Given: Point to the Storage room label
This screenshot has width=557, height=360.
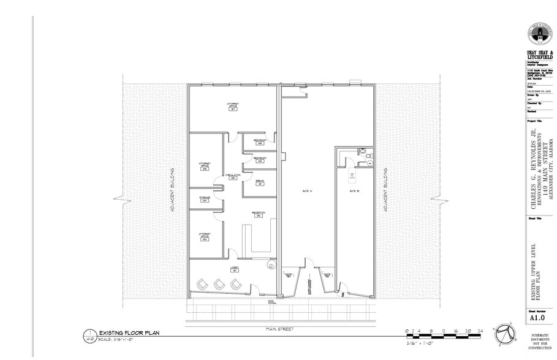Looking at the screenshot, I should [x=204, y=198].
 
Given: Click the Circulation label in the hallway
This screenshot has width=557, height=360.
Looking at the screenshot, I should [x=232, y=176].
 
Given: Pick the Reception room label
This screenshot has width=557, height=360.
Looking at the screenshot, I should [x=258, y=214].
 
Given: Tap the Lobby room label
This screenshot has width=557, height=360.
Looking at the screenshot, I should [x=234, y=269].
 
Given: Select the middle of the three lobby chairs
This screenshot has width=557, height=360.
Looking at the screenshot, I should [x=219, y=283].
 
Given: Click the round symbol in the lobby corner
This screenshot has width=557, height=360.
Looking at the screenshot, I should [x=271, y=265].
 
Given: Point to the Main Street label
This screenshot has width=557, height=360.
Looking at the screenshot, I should [x=279, y=329].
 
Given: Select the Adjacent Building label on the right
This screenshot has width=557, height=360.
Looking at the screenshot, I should [x=386, y=197].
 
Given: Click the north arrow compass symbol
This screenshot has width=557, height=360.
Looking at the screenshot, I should [x=506, y=331].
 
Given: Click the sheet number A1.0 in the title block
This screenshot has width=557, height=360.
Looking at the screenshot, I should [x=537, y=318].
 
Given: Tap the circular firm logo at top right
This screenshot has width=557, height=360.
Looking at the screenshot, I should [x=540, y=34].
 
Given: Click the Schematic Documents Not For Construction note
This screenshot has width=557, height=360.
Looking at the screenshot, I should [x=540, y=343].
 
